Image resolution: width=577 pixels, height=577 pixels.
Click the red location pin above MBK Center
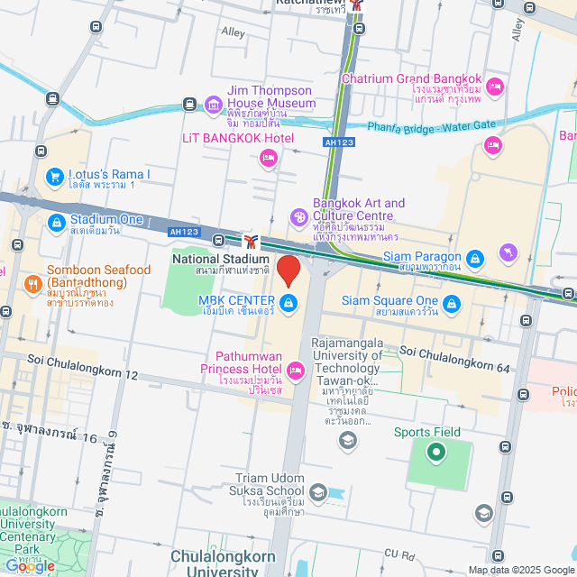point(288,270)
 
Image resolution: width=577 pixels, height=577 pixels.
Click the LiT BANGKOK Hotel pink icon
point(268,159)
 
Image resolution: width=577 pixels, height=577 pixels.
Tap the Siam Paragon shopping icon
point(476,261)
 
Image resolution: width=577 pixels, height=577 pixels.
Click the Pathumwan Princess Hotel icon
point(295,370)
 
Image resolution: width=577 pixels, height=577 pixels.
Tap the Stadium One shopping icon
point(56,221)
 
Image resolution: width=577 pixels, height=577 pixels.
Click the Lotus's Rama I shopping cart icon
point(56,177)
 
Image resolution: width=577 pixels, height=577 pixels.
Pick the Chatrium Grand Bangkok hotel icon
point(494,87)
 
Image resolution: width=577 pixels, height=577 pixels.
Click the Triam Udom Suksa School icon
point(317,492)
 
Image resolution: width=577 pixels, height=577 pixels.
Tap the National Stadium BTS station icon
point(252,241)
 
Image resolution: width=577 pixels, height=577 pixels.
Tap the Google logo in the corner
point(29,565)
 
